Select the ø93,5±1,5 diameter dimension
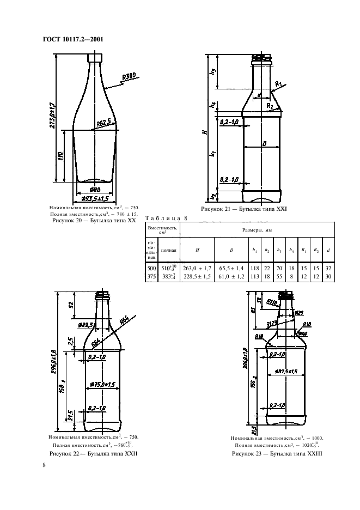pyautogui.click(x=95, y=197)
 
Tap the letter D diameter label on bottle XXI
pyautogui.click(x=264, y=143)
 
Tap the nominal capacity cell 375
pyautogui.click(x=151, y=276)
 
